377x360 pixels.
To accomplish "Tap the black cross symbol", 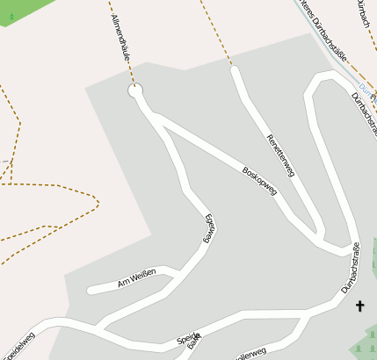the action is coord(359,306).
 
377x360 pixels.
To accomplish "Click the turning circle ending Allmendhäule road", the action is coord(135,90).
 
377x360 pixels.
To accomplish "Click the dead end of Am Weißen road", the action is coord(90,291).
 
